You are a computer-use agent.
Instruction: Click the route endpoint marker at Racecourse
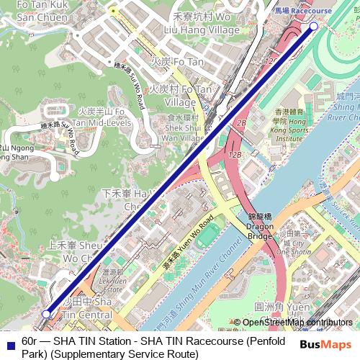313,26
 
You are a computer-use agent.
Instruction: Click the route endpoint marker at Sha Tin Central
47,314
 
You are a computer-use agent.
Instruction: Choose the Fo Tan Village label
181,95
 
